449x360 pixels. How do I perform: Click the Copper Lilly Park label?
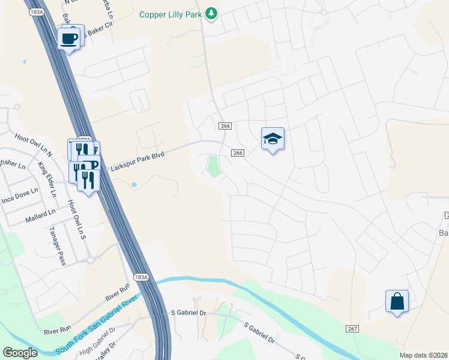(170, 14)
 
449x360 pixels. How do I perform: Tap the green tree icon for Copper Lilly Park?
(211, 13)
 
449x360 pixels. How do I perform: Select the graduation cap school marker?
(273, 139)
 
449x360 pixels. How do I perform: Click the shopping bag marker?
(397, 301)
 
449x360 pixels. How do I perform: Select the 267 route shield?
(352, 329)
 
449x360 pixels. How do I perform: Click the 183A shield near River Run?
(140, 277)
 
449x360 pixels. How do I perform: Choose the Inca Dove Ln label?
(19, 197)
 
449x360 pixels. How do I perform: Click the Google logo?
(20, 353)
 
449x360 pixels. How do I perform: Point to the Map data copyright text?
(424, 355)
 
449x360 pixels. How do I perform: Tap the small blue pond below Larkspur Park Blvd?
(133, 184)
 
